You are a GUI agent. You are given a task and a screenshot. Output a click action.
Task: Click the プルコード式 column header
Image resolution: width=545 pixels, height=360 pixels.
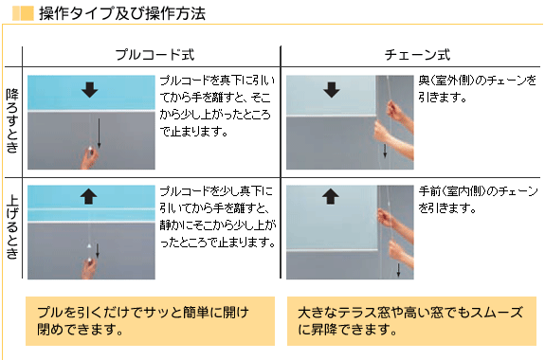click(x=154, y=55)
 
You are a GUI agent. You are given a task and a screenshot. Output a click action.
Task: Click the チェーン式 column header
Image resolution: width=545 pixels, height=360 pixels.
click(x=417, y=55)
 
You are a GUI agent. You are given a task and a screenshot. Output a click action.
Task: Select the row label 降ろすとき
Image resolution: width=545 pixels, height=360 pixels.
click(x=12, y=121)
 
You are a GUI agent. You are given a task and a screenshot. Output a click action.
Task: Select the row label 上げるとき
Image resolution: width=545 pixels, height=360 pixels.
click(x=12, y=228)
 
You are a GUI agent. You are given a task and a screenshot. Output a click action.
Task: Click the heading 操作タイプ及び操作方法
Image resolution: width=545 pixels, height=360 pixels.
click(x=122, y=13)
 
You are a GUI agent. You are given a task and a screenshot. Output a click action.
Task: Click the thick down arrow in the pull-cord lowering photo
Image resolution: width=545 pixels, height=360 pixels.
click(x=90, y=90)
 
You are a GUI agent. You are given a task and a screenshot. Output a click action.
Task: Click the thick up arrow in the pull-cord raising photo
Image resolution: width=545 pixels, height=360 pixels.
click(x=89, y=196)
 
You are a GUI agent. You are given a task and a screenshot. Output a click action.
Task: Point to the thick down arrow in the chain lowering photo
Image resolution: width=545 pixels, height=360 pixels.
click(x=331, y=90)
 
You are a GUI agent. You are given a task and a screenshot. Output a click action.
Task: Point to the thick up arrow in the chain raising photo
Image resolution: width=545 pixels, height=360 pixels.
click(x=331, y=196)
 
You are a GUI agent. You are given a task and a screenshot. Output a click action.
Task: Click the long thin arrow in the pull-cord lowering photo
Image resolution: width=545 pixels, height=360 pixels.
click(x=100, y=134)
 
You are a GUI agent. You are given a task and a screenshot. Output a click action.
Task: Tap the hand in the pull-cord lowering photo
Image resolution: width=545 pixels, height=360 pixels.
click(x=89, y=158)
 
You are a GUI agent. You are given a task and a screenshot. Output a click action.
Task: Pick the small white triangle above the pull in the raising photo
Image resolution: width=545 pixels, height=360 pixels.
click(x=89, y=246)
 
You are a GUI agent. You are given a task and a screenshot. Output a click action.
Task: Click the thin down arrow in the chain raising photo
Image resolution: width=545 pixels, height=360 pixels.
click(x=398, y=270)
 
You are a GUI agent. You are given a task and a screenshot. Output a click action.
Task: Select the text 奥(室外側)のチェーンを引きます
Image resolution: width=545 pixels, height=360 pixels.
click(x=477, y=89)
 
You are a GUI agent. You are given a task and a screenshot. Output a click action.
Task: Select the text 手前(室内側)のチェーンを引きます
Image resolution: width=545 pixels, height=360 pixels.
click(x=478, y=200)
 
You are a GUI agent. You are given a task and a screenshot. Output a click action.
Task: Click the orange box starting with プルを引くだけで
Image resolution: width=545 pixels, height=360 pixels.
click(x=150, y=321)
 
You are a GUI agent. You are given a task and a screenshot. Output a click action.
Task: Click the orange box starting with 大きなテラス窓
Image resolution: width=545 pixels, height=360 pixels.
click(x=412, y=321)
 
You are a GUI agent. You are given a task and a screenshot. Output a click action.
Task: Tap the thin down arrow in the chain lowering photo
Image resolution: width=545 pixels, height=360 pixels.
click(x=385, y=151)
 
